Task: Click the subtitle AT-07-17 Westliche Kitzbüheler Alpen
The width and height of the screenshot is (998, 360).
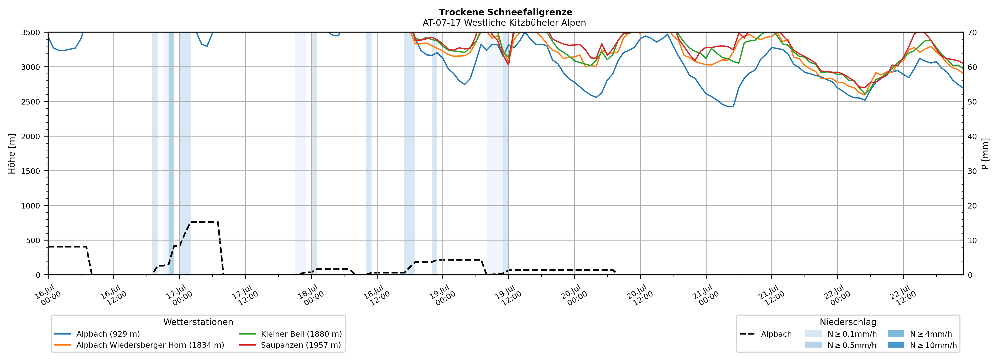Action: (504, 23)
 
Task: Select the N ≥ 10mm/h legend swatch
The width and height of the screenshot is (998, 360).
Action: (895, 345)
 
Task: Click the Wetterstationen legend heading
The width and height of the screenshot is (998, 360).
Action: (198, 322)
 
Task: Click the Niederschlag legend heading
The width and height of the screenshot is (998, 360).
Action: (848, 322)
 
